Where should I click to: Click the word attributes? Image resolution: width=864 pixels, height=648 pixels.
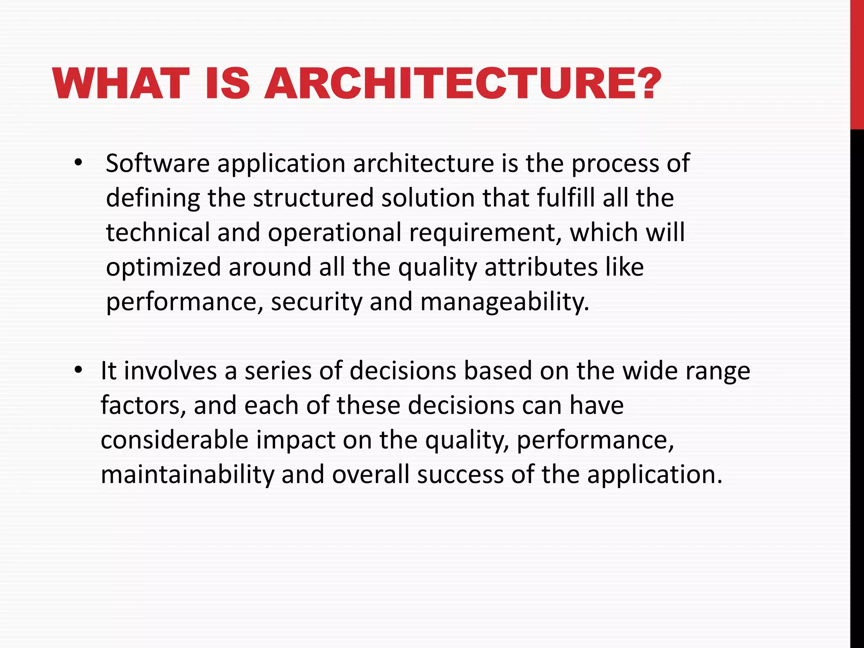pyautogui.click(x=541, y=267)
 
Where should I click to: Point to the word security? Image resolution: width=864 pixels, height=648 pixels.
pyautogui.click(x=316, y=302)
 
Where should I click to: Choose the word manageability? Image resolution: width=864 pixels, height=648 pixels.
pyautogui.click(x=505, y=302)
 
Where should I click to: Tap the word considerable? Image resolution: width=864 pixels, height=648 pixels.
pyautogui.click(x=175, y=440)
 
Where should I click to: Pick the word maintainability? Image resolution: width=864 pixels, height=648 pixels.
pyautogui.click(x=187, y=475)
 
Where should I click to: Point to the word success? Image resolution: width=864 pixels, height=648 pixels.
pyautogui.click(x=460, y=475)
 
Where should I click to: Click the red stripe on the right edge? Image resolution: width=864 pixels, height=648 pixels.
pyautogui.click(x=857, y=63)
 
